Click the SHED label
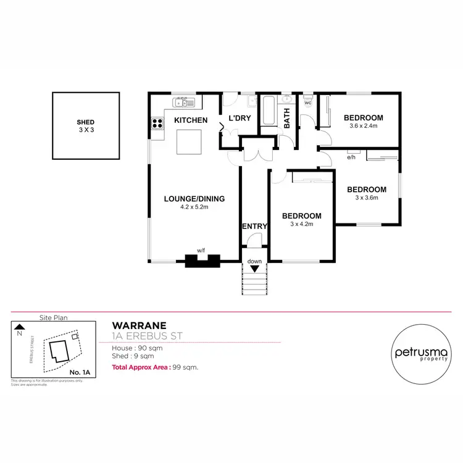(86, 123)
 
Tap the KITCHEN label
(190, 120)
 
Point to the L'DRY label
(239, 119)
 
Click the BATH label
(287, 119)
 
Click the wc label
(307, 103)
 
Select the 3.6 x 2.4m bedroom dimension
(363, 127)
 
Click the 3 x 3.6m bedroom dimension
(366, 198)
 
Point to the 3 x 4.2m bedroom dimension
(302, 224)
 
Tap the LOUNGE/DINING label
(194, 199)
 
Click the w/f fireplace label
(201, 250)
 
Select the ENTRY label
(254, 227)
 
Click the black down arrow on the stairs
(254, 269)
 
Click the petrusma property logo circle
(420, 352)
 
